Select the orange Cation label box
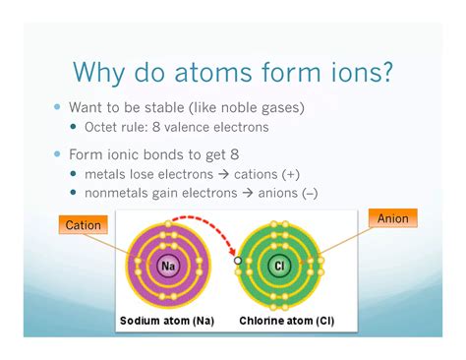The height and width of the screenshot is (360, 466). (x=83, y=225)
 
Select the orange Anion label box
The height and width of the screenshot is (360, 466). (x=392, y=218)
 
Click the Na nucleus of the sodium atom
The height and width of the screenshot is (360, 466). (x=169, y=265)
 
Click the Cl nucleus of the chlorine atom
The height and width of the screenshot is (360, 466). (x=279, y=266)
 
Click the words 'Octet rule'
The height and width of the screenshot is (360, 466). (x=123, y=126)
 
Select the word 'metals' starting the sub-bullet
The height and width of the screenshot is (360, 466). (x=106, y=173)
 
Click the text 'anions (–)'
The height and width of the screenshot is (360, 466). (x=310, y=192)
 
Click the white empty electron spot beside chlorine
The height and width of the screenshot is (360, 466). (x=237, y=262)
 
